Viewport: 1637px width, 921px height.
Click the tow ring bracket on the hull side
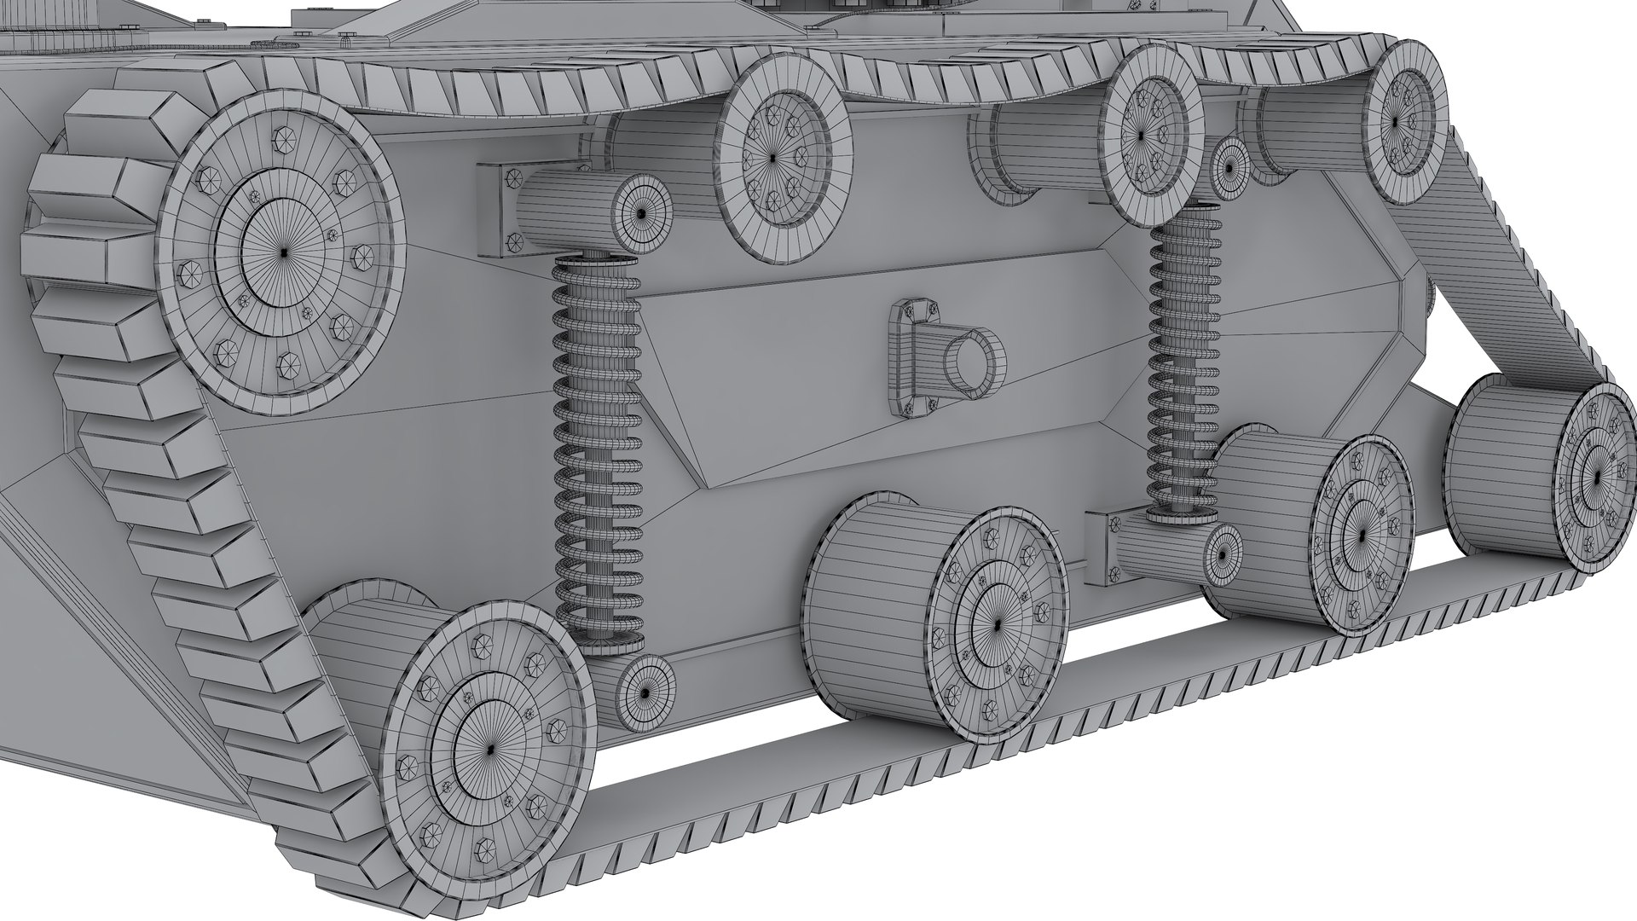pyautogui.click(x=912, y=358)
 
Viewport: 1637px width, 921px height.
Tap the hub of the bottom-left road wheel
pyautogui.click(x=489, y=750)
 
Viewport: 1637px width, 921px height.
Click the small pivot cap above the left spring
pyautogui.click(x=640, y=213)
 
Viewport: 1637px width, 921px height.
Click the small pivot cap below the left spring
pyautogui.click(x=643, y=692)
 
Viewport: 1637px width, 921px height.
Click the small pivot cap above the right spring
pyautogui.click(x=1229, y=166)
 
